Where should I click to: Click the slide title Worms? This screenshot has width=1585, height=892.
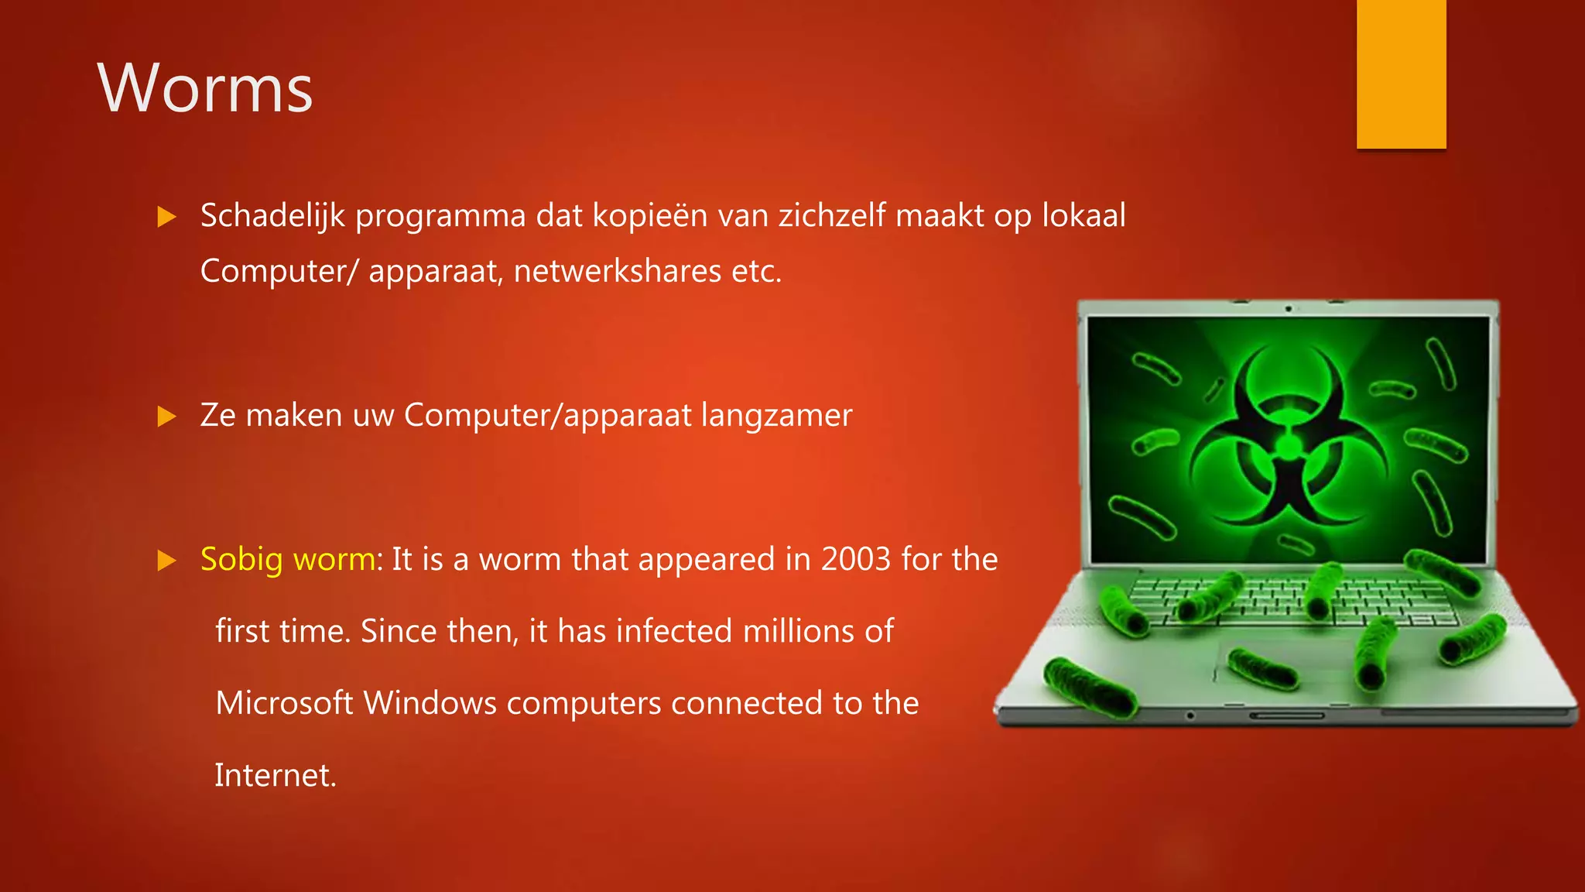(x=205, y=89)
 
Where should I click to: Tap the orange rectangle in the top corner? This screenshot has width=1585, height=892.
(x=1401, y=74)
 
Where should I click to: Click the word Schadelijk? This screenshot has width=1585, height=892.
(x=272, y=216)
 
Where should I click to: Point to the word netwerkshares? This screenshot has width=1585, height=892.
(x=618, y=272)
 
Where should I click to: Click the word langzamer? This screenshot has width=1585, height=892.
(x=776, y=416)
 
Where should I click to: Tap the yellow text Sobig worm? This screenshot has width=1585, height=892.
(x=288, y=559)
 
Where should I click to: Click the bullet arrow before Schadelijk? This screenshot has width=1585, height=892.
(x=166, y=217)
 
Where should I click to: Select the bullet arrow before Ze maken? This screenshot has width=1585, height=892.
(x=166, y=417)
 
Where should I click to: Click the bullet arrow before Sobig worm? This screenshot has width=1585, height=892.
(x=166, y=560)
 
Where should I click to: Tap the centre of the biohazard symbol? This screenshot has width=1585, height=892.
(x=1289, y=445)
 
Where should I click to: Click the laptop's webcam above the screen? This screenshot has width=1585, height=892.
(x=1289, y=309)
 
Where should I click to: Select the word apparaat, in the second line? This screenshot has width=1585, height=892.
(x=434, y=272)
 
